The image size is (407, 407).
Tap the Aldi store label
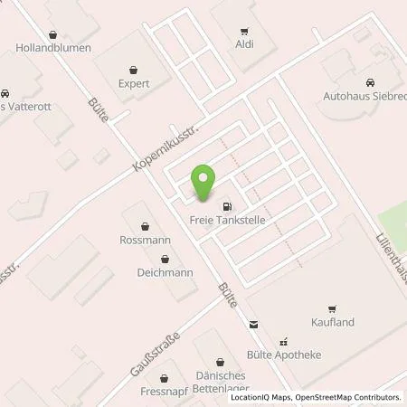pyautogui.click(x=244, y=43)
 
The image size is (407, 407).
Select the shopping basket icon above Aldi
pyautogui.click(x=244, y=29)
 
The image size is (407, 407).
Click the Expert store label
pyautogui.click(x=133, y=81)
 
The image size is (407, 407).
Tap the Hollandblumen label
pyautogui.click(x=53, y=47)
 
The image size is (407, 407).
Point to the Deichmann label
pyautogui.click(x=142, y=271)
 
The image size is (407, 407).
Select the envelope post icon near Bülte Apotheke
pyautogui.click(x=253, y=324)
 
